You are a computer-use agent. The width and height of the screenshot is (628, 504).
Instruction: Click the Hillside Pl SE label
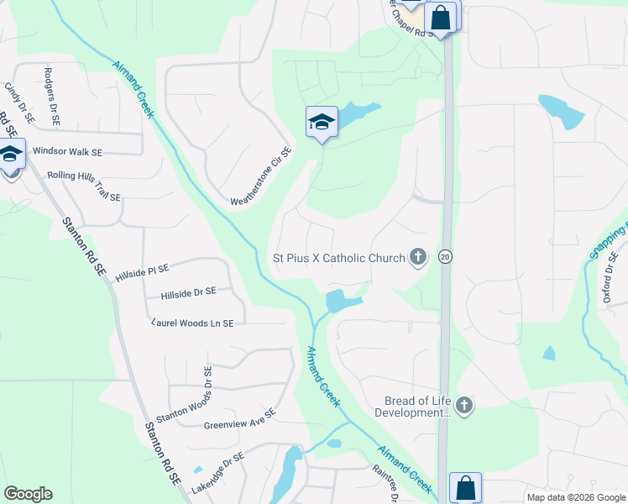(143, 270)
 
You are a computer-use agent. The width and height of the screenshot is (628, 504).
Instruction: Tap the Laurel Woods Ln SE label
(193, 323)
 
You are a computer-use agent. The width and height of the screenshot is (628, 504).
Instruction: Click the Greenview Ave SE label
(239, 419)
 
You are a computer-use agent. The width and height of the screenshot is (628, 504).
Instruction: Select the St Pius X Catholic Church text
(338, 258)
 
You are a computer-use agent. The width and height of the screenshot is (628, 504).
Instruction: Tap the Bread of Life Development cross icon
(463, 407)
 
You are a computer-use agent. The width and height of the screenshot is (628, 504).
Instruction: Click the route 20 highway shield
(445, 258)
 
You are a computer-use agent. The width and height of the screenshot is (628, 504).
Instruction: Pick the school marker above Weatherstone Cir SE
(322, 123)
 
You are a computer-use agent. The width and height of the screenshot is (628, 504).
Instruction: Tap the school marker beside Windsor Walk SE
(11, 155)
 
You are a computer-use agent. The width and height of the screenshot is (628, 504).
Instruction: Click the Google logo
(28, 493)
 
